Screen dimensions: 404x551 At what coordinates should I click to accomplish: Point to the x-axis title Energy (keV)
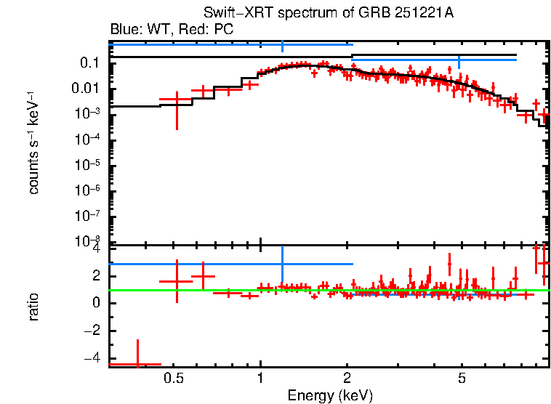329,395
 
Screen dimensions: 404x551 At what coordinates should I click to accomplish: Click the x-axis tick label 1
260,379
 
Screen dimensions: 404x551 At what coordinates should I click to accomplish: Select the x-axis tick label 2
347,379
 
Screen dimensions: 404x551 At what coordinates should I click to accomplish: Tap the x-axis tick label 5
462,379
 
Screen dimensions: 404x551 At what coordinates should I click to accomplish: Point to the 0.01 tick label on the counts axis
86,89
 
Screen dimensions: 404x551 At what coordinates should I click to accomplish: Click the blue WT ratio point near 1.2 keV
282,264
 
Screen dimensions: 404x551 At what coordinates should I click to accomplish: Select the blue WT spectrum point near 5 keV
459,60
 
